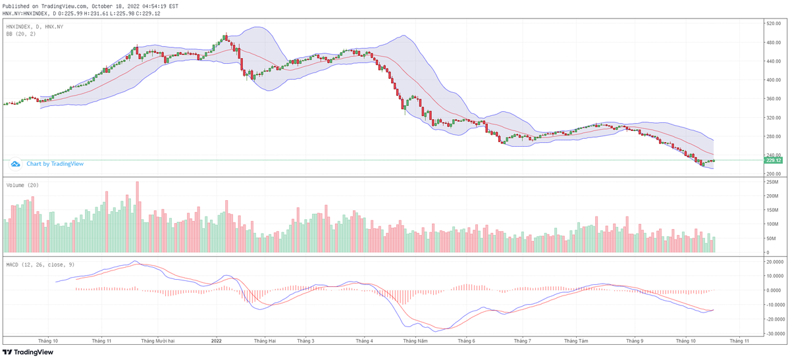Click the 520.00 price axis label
pos(772,24)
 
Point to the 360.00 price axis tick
pos(772,99)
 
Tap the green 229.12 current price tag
pos(773,160)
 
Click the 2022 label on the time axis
pos(217,342)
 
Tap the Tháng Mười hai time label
pos(157,342)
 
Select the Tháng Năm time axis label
pos(415,342)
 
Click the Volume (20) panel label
pos(22,185)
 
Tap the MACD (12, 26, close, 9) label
pos(39,264)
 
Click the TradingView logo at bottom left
pos(28,352)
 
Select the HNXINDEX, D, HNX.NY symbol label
pos(35,26)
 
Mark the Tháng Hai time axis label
pos(263,342)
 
